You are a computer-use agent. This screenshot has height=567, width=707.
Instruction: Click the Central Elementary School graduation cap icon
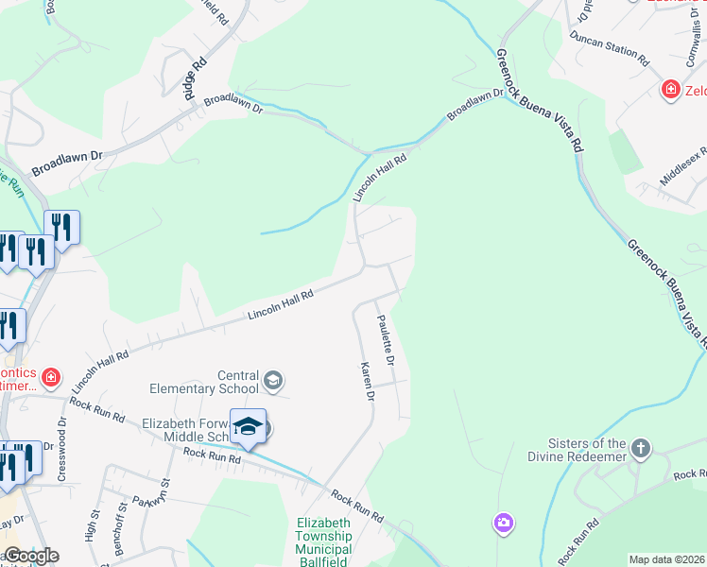click(273, 381)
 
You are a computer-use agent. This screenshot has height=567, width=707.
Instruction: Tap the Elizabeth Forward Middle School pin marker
click(248, 427)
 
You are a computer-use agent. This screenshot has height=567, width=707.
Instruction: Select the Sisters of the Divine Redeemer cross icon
click(641, 448)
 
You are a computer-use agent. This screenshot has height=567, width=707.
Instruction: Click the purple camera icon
click(503, 522)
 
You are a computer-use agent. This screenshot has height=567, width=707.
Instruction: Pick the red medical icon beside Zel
click(670, 90)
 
